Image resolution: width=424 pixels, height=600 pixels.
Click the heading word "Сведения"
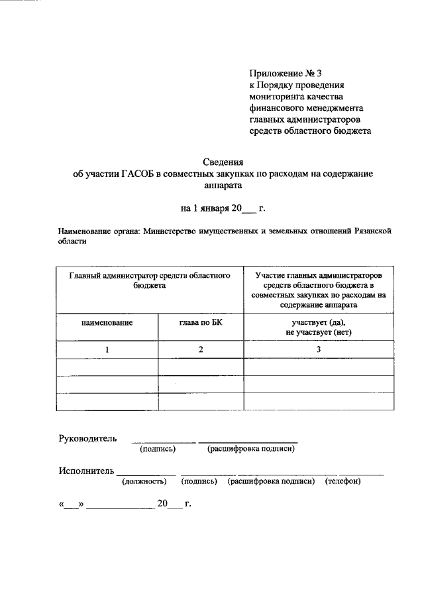click(x=223, y=162)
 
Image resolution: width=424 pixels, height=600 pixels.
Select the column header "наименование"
click(x=107, y=323)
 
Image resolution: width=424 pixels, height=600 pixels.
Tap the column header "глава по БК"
click(x=199, y=323)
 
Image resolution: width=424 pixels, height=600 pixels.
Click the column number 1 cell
click(x=107, y=349)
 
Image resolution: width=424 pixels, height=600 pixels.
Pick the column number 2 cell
click(x=199, y=349)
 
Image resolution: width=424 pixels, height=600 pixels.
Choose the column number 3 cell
click(x=318, y=349)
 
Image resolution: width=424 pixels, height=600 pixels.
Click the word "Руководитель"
click(x=88, y=438)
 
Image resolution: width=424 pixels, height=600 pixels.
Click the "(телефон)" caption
click(x=343, y=482)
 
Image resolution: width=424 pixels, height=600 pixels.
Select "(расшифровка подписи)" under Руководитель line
click(x=250, y=450)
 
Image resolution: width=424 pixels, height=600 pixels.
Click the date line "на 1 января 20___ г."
click(x=223, y=208)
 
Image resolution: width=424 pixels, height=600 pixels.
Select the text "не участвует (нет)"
click(x=318, y=330)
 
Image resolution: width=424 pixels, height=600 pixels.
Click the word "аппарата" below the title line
click(x=223, y=186)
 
